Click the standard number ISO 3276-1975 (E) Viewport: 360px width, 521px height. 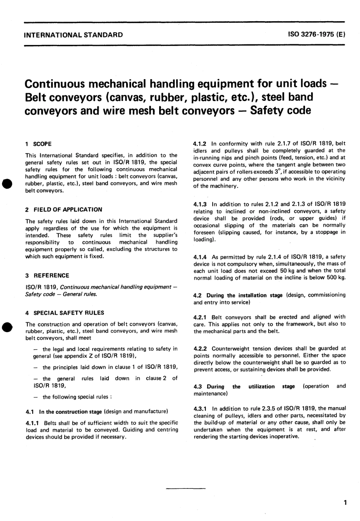click(316, 35)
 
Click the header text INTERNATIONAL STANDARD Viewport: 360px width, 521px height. click(73, 35)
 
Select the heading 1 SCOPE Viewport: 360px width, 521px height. click(38, 144)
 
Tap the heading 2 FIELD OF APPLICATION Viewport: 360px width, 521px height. click(64, 209)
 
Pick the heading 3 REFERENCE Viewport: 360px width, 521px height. click(47, 275)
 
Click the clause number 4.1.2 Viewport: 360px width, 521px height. click(200, 144)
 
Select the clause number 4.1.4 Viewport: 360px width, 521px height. click(200, 257)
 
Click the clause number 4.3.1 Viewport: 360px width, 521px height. click(200, 408)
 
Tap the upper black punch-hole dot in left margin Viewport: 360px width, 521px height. click(6, 183)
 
